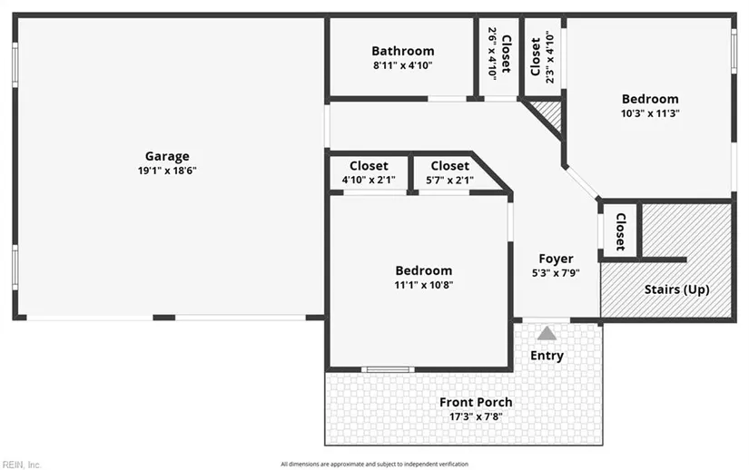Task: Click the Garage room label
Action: pyautogui.click(x=167, y=156)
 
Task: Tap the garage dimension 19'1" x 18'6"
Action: pyautogui.click(x=167, y=171)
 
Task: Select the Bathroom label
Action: pyautogui.click(x=403, y=51)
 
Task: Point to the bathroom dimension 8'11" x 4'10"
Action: pyautogui.click(x=403, y=65)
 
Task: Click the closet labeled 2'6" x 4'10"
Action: pyautogui.click(x=499, y=53)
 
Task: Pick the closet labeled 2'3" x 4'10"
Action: pyautogui.click(x=542, y=57)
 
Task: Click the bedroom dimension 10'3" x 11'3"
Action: pyautogui.click(x=650, y=113)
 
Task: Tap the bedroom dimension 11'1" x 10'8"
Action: pyautogui.click(x=424, y=285)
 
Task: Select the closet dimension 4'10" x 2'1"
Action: pyautogui.click(x=369, y=180)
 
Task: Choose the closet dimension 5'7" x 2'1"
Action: pyautogui.click(x=449, y=180)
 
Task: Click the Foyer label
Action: pyautogui.click(x=556, y=259)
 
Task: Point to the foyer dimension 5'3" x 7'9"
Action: pyautogui.click(x=556, y=273)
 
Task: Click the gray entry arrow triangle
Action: pyautogui.click(x=547, y=334)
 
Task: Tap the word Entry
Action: pyautogui.click(x=547, y=356)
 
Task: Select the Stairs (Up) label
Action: pyautogui.click(x=676, y=289)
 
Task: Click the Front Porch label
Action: pyautogui.click(x=476, y=402)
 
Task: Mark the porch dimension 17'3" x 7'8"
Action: pyautogui.click(x=476, y=416)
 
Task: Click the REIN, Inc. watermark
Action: pyautogui.click(x=22, y=465)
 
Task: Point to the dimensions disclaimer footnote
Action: pyautogui.click(x=374, y=464)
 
